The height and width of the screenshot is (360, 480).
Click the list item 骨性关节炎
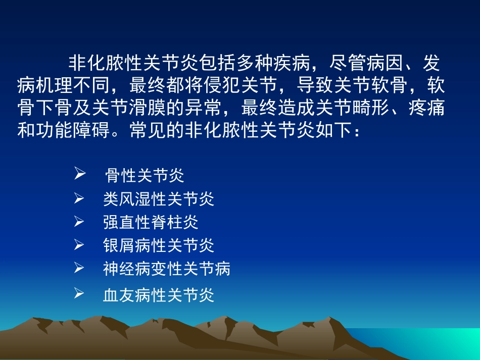(x=145, y=176)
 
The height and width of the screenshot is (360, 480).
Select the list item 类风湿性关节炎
(x=159, y=199)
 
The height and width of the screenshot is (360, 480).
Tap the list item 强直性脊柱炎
(x=151, y=223)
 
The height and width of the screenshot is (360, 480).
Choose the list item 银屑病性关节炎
(x=159, y=246)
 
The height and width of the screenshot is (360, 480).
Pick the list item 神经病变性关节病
(x=167, y=269)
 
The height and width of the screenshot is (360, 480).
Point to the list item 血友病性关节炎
(x=159, y=295)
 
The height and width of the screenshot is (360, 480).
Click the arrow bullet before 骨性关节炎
(x=79, y=175)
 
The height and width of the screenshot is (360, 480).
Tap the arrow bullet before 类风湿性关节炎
(x=79, y=199)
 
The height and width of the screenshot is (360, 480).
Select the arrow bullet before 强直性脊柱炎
(x=79, y=222)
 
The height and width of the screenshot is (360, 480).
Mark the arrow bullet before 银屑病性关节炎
(x=79, y=245)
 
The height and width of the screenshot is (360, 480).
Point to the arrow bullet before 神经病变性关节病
(x=79, y=268)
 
